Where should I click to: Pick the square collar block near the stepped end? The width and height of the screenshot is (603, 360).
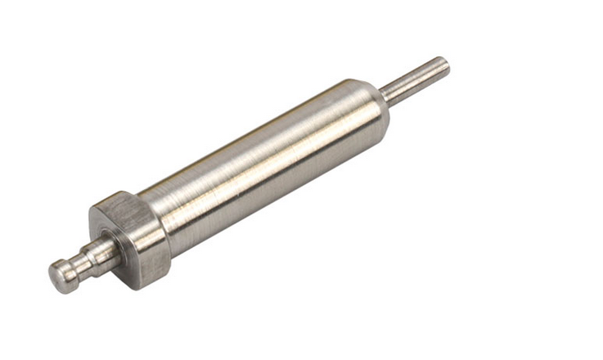point(131,237)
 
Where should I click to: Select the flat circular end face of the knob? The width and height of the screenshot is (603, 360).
point(56,278)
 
